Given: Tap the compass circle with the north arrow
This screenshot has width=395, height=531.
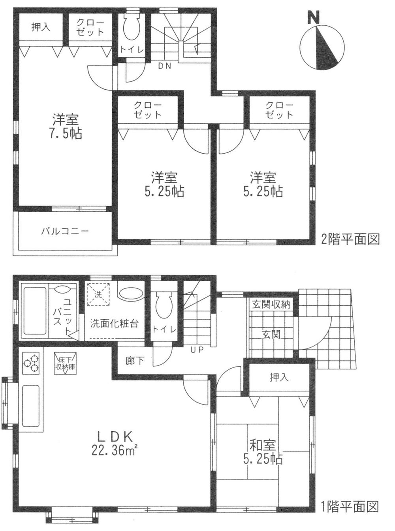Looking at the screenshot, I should [x=320, y=48].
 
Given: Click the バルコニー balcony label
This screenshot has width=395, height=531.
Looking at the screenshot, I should [x=65, y=231].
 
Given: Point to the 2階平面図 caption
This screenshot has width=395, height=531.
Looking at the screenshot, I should [x=350, y=239].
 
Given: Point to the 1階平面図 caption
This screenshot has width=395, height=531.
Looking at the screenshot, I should [x=350, y=506].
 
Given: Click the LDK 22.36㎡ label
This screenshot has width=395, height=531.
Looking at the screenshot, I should [x=115, y=443].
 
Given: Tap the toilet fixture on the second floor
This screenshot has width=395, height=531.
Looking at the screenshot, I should [x=130, y=28].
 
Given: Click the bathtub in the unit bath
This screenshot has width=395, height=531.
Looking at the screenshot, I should [x=34, y=310].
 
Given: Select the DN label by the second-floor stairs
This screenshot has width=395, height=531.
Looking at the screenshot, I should [x=165, y=66].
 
